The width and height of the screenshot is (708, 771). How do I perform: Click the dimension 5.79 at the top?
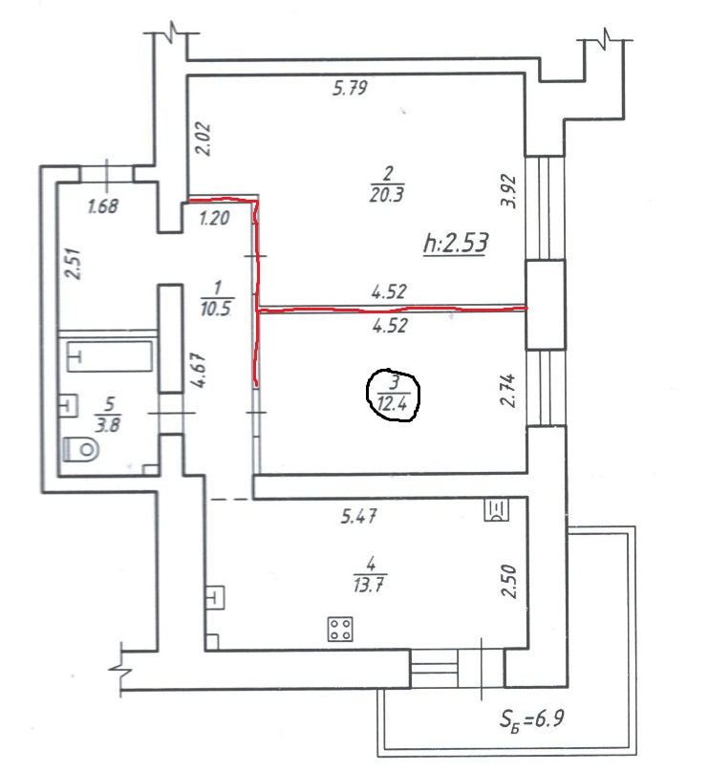[x=350, y=88]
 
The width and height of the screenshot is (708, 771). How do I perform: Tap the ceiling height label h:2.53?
[x=456, y=244]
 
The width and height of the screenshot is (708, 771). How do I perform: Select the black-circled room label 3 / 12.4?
[x=394, y=396]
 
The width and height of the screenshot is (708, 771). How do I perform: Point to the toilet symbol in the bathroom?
[x=81, y=449]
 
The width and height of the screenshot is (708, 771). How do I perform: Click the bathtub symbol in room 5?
[x=110, y=356]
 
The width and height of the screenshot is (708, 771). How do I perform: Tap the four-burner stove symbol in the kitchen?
[x=340, y=629]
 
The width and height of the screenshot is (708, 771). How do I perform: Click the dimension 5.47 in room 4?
[x=359, y=516]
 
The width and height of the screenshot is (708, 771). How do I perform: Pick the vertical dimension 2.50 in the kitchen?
[x=509, y=581]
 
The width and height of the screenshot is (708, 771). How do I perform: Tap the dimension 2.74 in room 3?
[x=508, y=390]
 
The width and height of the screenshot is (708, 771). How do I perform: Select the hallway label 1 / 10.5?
[x=216, y=298]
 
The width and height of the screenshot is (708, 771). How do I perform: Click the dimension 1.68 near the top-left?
[x=103, y=206]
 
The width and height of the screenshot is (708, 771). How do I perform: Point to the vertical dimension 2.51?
[x=75, y=264]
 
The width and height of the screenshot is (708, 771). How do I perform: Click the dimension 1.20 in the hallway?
[x=215, y=218]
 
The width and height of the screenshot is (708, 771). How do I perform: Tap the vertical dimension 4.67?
[x=199, y=371]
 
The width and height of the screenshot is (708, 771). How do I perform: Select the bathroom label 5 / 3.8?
[x=108, y=415]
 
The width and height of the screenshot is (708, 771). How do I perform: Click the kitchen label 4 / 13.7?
[x=369, y=574]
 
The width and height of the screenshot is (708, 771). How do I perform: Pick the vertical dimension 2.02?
[x=204, y=139]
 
